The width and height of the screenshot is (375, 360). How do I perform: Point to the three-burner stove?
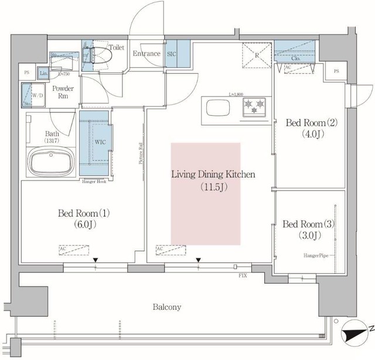[254, 107]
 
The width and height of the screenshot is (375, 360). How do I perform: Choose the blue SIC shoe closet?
[178, 54]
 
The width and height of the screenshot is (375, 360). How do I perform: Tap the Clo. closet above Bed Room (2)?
[295, 53]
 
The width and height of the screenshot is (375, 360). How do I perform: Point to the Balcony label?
[167, 307]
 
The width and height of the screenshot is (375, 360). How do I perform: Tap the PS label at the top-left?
[26, 73]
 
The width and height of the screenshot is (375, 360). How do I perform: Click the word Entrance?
[146, 54]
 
